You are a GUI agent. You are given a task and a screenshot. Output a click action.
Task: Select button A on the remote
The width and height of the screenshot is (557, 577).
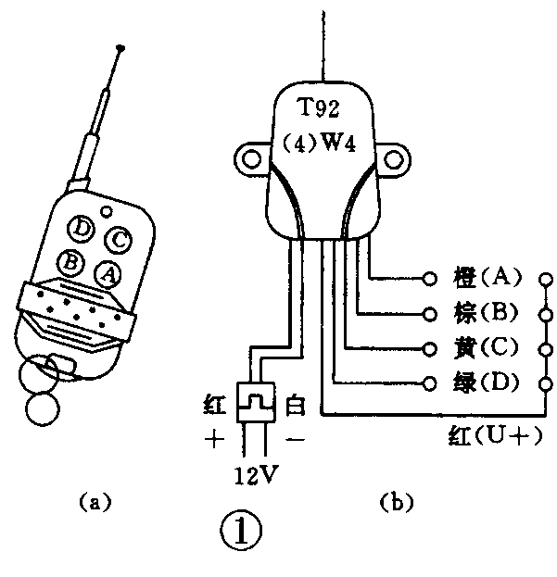click(108, 274)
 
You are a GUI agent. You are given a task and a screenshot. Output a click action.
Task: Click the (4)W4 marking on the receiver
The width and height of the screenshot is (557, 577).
click(323, 147)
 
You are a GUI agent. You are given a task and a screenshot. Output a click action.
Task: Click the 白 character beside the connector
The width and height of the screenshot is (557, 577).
click(295, 405)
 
